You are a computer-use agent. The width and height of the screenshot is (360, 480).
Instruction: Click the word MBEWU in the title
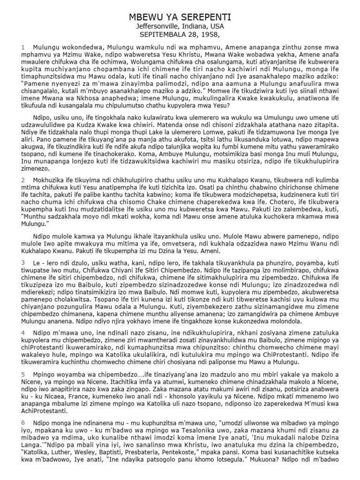tap(144, 17)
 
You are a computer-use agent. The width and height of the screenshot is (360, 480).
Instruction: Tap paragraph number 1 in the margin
tap(22, 47)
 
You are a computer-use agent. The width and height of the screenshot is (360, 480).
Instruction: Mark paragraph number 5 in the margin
tap(22, 388)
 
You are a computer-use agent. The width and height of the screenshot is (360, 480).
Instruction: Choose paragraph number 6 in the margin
tap(22, 434)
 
